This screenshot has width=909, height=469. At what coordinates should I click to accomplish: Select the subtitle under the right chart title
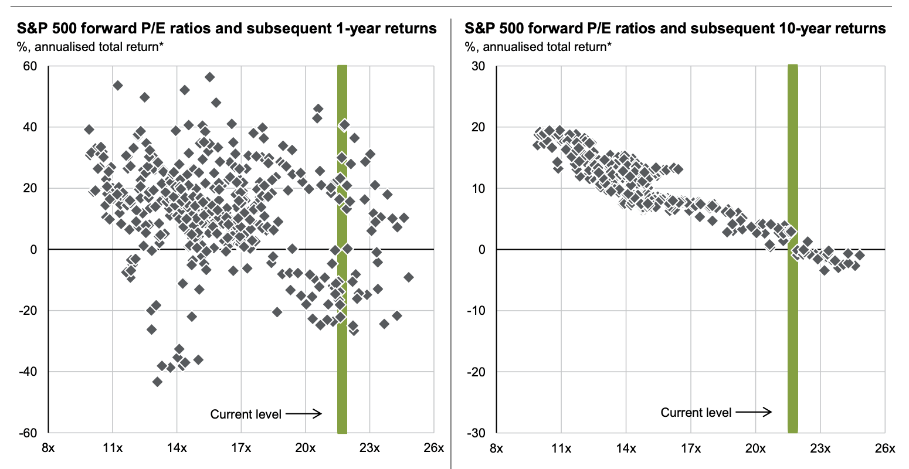pos(538,47)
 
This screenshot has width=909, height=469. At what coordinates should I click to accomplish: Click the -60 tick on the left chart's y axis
pos(28,433)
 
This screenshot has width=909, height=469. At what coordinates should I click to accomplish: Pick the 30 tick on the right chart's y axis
pos(479,66)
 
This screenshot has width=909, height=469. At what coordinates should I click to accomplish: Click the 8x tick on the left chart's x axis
pos(48,448)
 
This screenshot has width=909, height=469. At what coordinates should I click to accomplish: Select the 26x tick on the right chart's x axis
pos(884,448)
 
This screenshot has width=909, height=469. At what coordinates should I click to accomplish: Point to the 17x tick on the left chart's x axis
pos(241,448)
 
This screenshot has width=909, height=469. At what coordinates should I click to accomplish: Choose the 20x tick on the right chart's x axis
pos(755,448)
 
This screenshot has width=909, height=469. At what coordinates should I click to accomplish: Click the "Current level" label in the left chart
pos(246,414)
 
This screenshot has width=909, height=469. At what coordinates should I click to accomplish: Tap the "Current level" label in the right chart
pos(696,413)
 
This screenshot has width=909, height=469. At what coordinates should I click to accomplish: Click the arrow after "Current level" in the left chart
pos(305,414)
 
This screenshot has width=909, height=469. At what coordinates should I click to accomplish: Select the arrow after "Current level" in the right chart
pos(755,412)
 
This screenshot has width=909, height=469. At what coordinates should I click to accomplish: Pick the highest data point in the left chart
pos(209,77)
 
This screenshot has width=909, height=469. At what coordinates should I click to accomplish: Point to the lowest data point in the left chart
pos(157,382)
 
